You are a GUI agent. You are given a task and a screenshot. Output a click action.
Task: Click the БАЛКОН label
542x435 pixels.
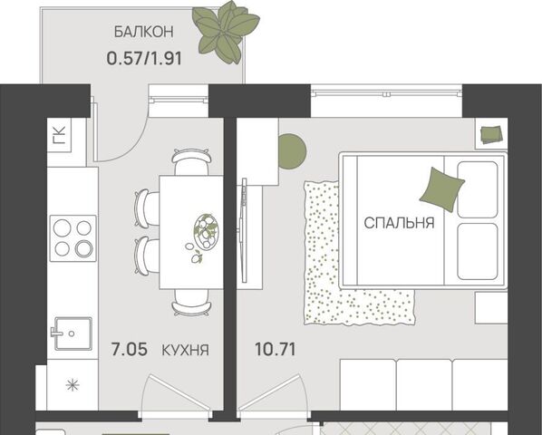click(x=144, y=32)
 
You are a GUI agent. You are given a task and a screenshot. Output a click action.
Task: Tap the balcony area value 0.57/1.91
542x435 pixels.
click(x=144, y=59)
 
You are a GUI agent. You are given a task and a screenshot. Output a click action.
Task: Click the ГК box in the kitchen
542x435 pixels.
click(x=59, y=134)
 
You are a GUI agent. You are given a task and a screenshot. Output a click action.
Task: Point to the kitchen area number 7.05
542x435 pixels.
click(x=130, y=349)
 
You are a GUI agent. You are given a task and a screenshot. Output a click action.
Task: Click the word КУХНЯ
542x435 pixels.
click(x=185, y=351)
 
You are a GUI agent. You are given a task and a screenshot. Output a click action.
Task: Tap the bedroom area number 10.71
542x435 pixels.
click(x=276, y=349)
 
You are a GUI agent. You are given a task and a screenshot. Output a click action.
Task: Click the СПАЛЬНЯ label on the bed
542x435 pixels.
click(x=399, y=223)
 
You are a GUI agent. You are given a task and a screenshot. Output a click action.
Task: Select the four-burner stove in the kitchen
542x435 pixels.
click(x=73, y=238)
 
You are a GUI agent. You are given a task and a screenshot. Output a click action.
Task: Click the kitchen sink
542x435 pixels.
click(x=72, y=333)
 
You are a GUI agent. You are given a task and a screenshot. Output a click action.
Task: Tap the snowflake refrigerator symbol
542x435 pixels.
click(x=73, y=385)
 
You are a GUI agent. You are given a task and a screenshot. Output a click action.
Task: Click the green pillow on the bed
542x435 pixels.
click(x=441, y=189)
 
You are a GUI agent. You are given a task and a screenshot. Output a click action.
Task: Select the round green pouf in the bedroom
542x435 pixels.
click(x=293, y=151)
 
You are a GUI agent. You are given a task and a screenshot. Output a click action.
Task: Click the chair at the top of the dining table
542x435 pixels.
click(x=191, y=161)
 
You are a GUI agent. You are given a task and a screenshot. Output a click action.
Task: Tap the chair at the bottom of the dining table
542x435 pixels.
click(x=191, y=303)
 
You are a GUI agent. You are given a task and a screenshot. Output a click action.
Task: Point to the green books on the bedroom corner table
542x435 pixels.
click(x=491, y=134)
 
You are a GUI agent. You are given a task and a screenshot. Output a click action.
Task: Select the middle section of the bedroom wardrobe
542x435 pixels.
click(x=424, y=385)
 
